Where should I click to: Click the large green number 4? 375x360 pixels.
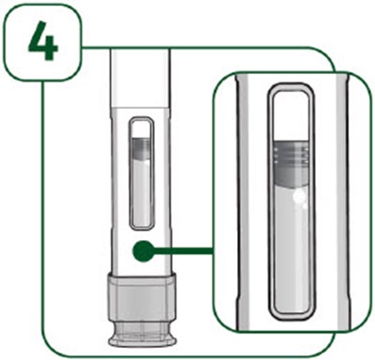(x=43, y=42)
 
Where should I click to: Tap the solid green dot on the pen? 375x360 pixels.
(x=143, y=251)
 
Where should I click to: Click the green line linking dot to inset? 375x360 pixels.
(x=184, y=250)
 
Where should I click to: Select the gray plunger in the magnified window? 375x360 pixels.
(x=291, y=164)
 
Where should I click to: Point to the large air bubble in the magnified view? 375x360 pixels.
(x=299, y=196)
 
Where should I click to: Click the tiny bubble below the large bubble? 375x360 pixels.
(x=303, y=206)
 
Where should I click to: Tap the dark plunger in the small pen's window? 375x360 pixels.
(x=142, y=148)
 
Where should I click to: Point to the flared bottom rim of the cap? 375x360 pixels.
(x=142, y=340)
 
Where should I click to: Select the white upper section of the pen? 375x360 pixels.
(x=141, y=77)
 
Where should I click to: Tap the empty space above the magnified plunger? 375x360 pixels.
(x=291, y=116)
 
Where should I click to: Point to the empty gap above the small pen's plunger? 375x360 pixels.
(x=142, y=129)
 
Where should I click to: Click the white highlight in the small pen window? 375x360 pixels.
(x=146, y=162)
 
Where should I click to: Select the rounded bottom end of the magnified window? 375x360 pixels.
(x=291, y=316)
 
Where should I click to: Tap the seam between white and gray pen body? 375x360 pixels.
(x=141, y=107)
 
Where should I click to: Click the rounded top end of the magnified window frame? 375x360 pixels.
(x=291, y=87)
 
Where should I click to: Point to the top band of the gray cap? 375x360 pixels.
(x=142, y=278)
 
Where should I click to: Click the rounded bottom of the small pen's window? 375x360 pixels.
(x=142, y=228)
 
